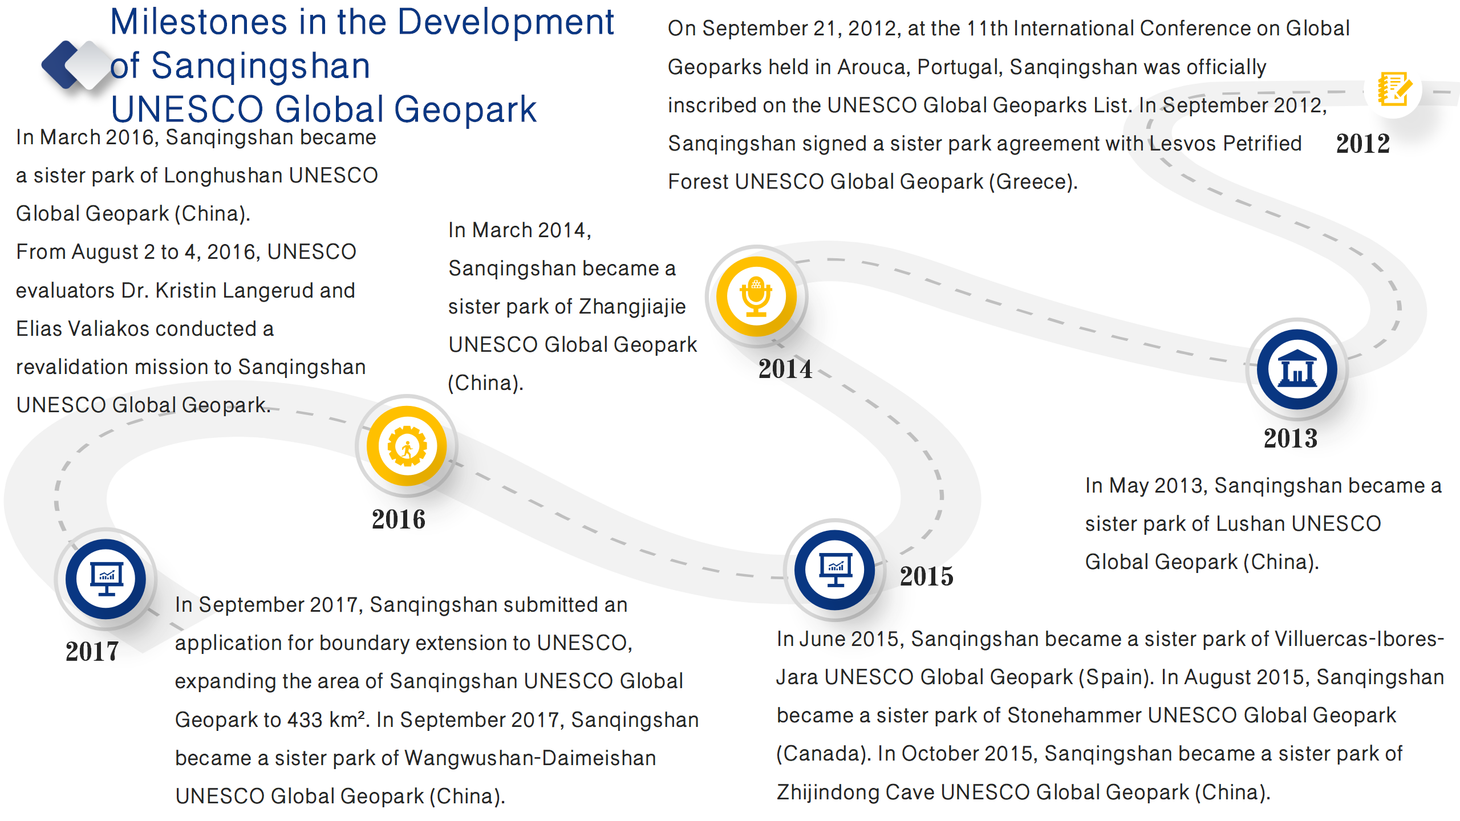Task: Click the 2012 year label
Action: [x=1362, y=144]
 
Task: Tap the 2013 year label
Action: [x=1291, y=438]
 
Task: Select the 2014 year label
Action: [x=785, y=369]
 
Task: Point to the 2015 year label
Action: [x=927, y=576]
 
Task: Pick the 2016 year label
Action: [x=399, y=519]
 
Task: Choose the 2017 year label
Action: [x=92, y=651]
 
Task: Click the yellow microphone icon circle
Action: [x=756, y=296]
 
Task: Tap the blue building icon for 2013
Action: [x=1297, y=369]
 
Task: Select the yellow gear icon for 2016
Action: [x=407, y=446]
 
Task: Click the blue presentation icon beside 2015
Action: [x=835, y=570]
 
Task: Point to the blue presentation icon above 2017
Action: [x=106, y=579]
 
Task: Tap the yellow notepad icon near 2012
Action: [x=1394, y=89]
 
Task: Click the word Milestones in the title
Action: [x=198, y=22]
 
